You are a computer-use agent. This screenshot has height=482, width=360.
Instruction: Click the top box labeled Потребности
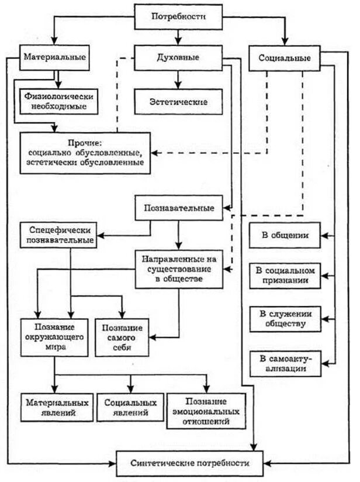click(x=178, y=17)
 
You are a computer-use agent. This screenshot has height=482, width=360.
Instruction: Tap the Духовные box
click(x=178, y=58)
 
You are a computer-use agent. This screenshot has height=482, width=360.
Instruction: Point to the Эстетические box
click(x=178, y=101)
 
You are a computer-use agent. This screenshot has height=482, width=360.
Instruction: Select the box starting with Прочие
click(x=85, y=152)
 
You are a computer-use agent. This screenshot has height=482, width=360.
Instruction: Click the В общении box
click(x=285, y=236)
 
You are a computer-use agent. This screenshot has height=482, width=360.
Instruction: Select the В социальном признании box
click(x=285, y=276)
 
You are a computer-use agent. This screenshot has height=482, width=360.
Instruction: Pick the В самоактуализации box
click(x=285, y=363)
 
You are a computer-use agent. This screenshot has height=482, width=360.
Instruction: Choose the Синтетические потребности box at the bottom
click(x=189, y=462)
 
